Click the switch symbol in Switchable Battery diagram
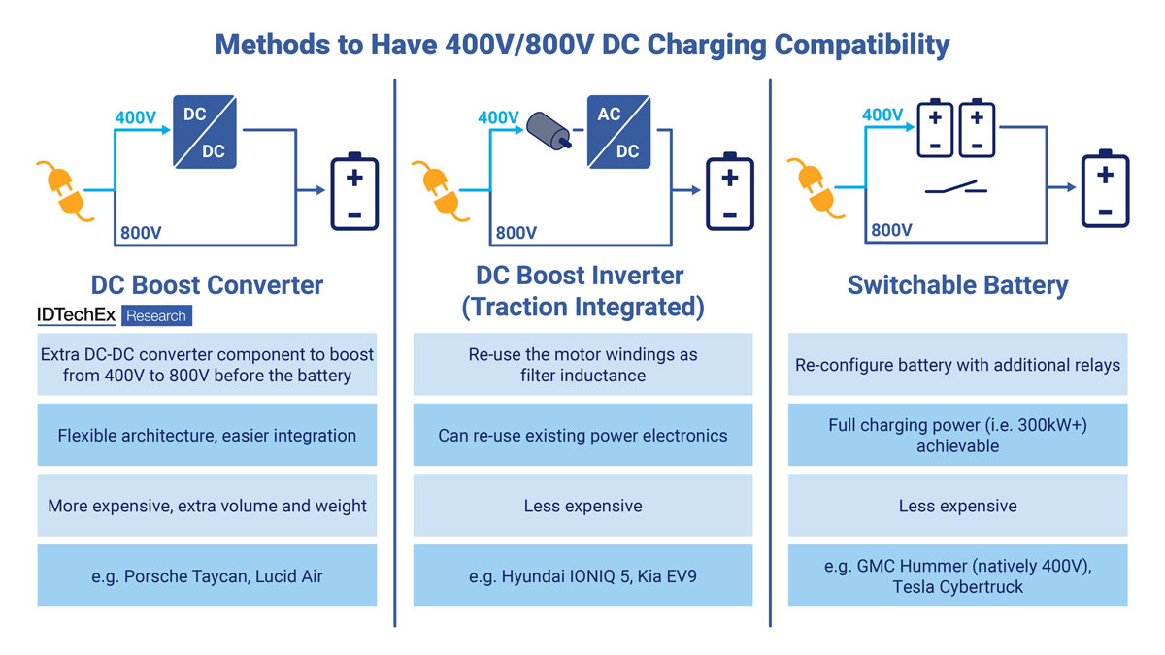956,188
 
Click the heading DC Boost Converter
207,285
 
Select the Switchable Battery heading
957,285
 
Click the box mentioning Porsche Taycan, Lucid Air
207,575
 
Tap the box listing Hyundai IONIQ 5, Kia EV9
582,575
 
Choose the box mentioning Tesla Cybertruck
957,575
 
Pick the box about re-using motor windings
582,365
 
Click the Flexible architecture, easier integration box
207,435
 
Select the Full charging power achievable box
957,435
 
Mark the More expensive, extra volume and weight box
207,506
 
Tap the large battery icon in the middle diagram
729,191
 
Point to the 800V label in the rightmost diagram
891,230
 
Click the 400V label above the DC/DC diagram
136,117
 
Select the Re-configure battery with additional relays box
957,365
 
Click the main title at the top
582,44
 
